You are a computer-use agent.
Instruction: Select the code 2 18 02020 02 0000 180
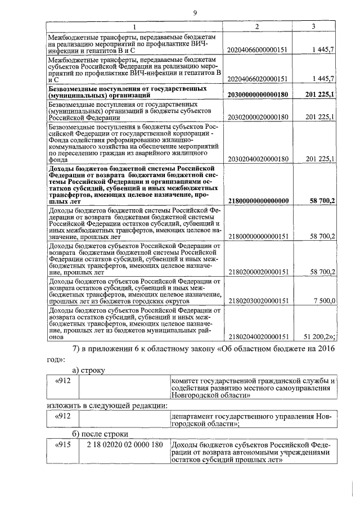(x=124, y=445)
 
